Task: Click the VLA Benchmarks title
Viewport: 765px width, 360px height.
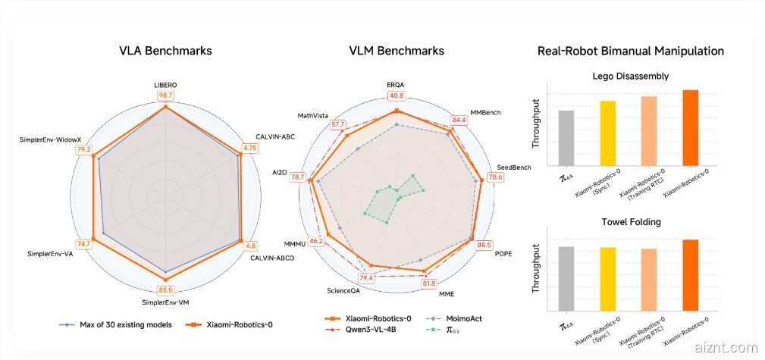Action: pyautogui.click(x=165, y=51)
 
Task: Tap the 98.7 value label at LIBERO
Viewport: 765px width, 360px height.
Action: pyautogui.click(x=166, y=95)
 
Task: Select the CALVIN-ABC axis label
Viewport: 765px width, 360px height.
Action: pyautogui.click(x=274, y=136)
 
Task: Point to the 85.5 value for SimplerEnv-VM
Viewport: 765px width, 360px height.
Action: pyautogui.click(x=166, y=290)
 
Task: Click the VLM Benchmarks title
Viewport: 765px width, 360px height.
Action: pyautogui.click(x=397, y=51)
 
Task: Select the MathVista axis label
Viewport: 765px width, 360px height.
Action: pyautogui.click(x=312, y=115)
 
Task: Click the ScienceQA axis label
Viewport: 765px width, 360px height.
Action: pyautogui.click(x=344, y=290)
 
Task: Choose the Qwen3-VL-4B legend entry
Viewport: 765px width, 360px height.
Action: pyautogui.click(x=362, y=330)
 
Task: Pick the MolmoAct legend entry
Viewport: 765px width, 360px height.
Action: pyautogui.click(x=453, y=319)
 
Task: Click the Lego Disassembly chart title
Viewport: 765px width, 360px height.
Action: pyautogui.click(x=630, y=76)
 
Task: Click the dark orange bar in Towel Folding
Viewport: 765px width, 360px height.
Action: pyautogui.click(x=690, y=274)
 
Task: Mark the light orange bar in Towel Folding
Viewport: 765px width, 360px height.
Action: pyautogui.click(x=648, y=279)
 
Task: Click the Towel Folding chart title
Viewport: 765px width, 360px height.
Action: pyautogui.click(x=630, y=223)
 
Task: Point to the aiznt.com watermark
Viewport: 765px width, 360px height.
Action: pyautogui.click(x=725, y=348)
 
